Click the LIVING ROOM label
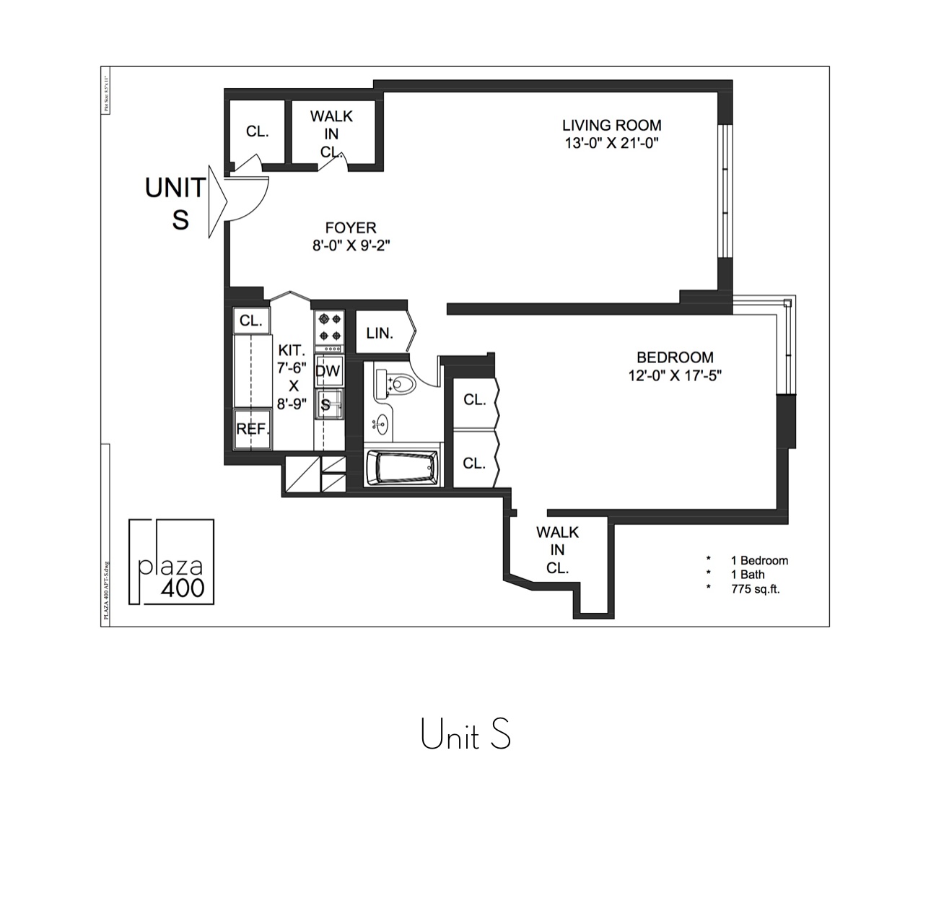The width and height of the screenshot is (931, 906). pos(612,125)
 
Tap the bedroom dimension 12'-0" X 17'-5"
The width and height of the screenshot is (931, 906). pos(675,375)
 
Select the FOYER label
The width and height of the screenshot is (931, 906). pos(351,228)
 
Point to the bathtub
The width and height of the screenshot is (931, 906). pos(402,469)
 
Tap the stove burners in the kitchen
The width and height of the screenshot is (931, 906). pos(330,326)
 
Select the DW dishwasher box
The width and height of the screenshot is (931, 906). pos(328,371)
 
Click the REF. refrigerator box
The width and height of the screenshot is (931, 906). pos(253,429)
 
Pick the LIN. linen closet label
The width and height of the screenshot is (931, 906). pos(380,334)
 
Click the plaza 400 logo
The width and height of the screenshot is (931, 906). pos(172,562)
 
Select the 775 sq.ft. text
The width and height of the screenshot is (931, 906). pos(755,589)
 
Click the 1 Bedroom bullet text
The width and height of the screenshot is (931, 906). pos(759,560)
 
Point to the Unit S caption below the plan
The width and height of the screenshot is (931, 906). pos(465,735)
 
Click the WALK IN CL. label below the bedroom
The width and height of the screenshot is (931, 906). pos(557,550)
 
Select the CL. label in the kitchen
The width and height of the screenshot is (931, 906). pos(251,321)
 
